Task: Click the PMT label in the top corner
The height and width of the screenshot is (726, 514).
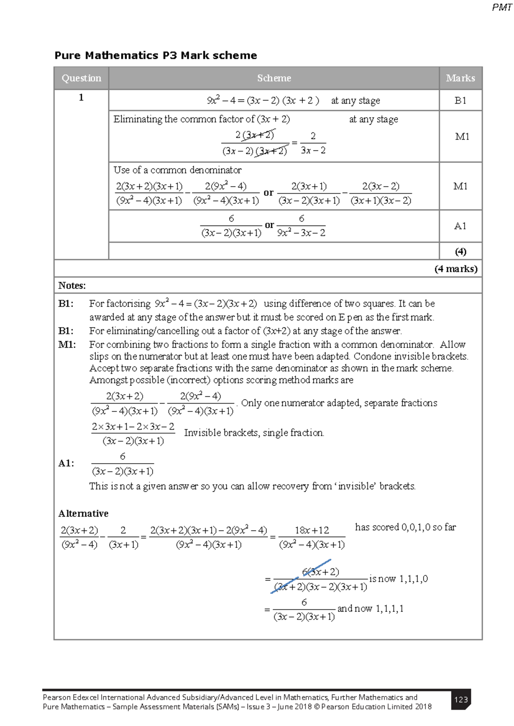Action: [x=502, y=7]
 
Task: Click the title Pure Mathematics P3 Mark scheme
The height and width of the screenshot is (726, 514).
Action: [x=155, y=56]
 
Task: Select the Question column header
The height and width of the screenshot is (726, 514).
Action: [x=81, y=78]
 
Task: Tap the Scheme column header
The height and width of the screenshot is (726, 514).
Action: [x=274, y=78]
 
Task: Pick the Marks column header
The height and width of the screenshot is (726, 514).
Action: [x=460, y=78]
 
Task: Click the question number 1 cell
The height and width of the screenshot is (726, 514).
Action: [x=81, y=98]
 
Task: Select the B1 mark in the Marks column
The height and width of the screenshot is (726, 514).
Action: [x=460, y=101]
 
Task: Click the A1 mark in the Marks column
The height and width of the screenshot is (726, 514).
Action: [x=460, y=226]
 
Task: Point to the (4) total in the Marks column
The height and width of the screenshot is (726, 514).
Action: [x=460, y=252]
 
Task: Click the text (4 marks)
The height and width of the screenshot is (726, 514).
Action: [x=455, y=269]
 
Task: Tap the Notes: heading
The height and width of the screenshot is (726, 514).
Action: [x=72, y=286]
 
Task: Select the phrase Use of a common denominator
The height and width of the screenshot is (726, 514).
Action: [x=177, y=170]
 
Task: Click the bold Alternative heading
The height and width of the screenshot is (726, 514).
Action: [x=83, y=514]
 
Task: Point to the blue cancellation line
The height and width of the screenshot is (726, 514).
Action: [x=301, y=576]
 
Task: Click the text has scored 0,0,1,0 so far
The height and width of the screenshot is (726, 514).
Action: [x=405, y=527]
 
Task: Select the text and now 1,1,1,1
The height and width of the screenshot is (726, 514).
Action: [x=370, y=609]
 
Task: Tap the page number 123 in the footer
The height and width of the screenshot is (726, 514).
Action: [x=461, y=699]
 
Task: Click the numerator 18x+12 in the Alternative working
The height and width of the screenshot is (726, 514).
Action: [x=312, y=530]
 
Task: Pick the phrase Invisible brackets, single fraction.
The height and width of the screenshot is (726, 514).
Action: [x=254, y=433]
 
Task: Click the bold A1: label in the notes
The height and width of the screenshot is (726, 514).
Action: [x=66, y=464]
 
